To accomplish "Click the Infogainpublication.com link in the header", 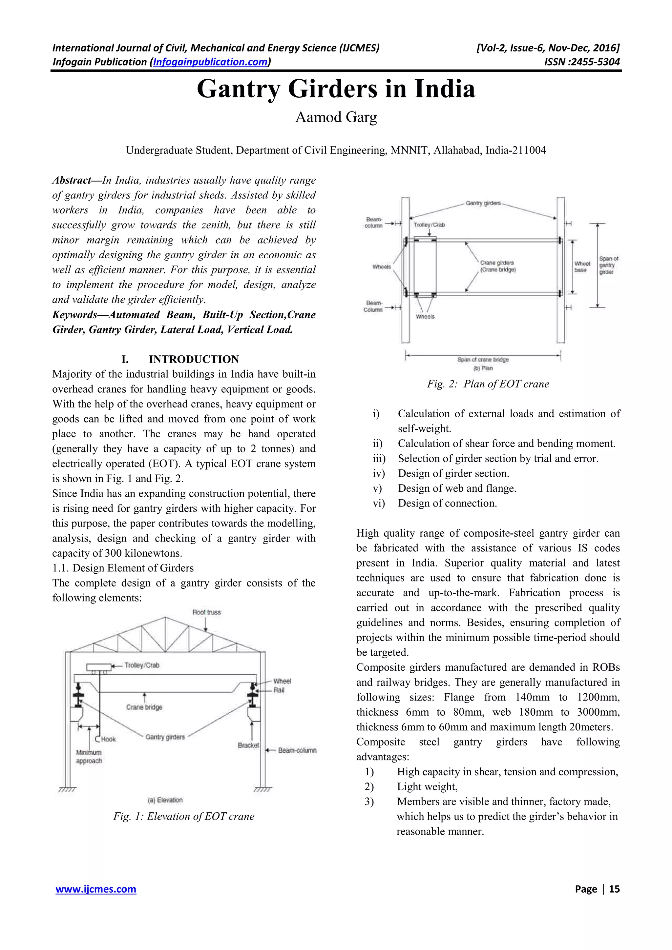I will point(211,62).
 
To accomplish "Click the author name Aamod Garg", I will point(336,117).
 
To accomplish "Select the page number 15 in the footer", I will point(614,889).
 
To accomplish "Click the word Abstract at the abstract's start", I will point(71,180).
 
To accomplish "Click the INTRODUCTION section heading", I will point(194,359).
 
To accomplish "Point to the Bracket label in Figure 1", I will point(248,745).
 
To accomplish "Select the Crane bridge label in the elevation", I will point(144,707).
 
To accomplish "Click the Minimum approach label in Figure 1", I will point(89,756).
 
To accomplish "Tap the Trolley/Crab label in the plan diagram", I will point(429,225).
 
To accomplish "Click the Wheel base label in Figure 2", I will point(582,267).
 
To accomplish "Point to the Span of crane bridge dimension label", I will point(483,360).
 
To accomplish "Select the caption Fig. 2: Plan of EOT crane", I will point(488,384).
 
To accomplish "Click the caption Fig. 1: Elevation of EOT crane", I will point(184,816).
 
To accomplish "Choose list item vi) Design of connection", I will point(447,503).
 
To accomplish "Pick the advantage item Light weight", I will point(427,786).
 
